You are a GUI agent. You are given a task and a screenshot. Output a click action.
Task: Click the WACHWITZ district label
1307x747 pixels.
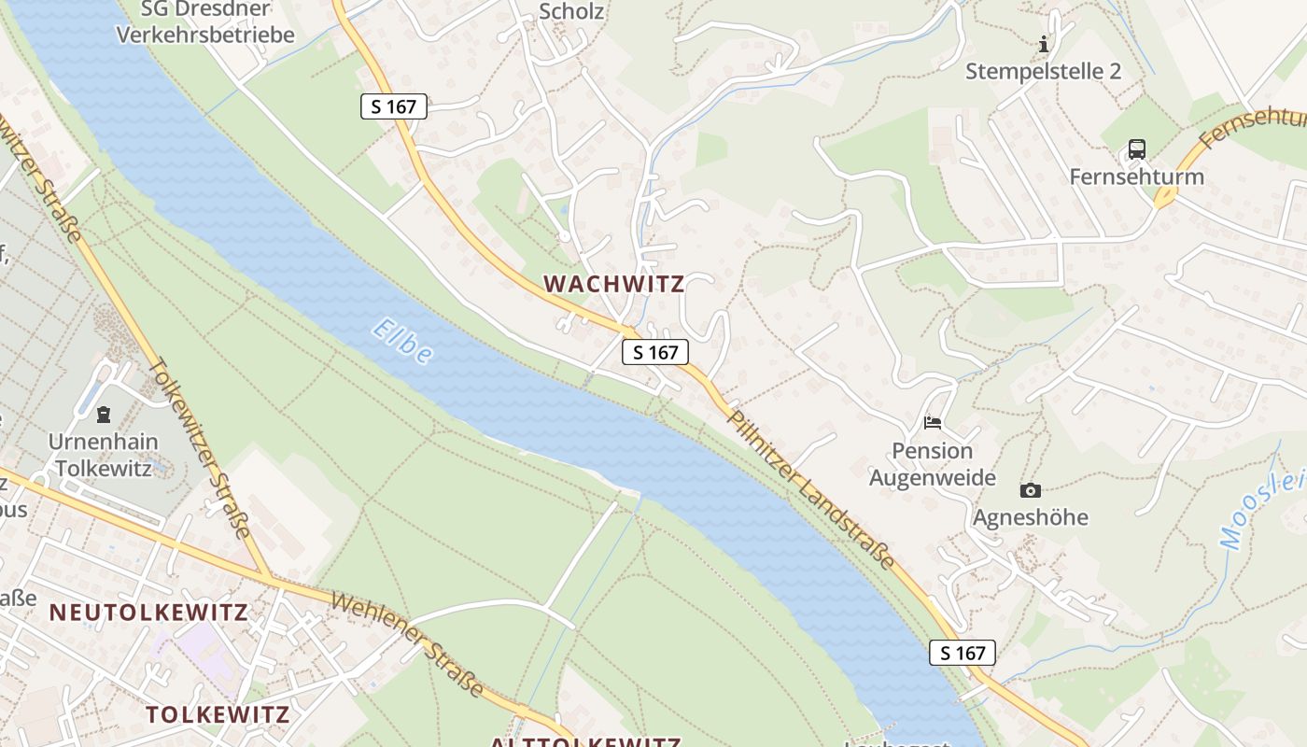click(614, 283)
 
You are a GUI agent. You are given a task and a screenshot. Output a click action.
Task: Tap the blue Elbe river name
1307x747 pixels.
click(402, 341)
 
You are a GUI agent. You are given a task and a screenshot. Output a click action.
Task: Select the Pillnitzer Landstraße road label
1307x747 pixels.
click(811, 489)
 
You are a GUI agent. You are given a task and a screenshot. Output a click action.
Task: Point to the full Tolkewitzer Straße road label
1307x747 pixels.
click(201, 448)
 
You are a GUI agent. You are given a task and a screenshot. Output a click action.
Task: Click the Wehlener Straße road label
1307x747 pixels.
click(408, 644)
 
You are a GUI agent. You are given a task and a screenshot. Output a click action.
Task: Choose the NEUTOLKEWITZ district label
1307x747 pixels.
click(148, 613)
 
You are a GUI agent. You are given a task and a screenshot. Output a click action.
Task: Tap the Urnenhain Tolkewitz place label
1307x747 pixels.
click(104, 455)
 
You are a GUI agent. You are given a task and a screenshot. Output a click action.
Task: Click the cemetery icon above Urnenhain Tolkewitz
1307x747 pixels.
click(103, 414)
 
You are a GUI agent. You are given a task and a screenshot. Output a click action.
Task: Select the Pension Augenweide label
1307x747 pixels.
click(932, 464)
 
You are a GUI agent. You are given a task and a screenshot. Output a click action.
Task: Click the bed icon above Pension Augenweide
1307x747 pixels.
click(932, 423)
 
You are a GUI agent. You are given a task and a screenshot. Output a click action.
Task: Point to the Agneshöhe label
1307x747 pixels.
click(1031, 517)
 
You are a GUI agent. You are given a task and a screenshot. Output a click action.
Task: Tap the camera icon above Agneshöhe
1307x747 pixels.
click(1031, 490)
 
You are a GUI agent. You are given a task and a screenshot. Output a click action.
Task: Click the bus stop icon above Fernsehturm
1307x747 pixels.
click(1136, 149)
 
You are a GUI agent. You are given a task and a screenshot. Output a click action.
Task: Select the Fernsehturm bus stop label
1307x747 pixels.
click(1136, 176)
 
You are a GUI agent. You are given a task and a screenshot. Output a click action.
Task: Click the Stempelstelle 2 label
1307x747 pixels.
click(1043, 71)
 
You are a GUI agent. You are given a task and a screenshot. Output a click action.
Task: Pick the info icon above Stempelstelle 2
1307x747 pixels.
click(1043, 44)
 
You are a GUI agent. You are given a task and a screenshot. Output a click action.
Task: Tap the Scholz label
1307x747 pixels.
click(571, 12)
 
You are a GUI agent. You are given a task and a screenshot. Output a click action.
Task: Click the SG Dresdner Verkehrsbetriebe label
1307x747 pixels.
click(204, 22)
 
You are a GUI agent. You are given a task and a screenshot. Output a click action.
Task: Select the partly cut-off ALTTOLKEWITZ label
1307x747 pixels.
click(585, 741)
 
